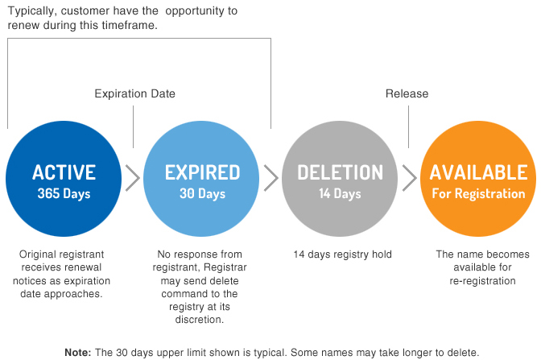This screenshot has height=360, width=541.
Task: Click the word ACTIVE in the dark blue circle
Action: pos(64,172)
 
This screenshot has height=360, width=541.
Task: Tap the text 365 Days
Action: pos(64,193)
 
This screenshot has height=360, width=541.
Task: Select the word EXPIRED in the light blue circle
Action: pos(202,172)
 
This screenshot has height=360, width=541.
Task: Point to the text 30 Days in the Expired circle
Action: pos(202,193)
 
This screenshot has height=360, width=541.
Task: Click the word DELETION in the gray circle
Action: pos(341,172)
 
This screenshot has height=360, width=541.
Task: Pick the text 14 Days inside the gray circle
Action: pos(340,193)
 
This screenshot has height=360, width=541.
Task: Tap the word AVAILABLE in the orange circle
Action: pos(478,172)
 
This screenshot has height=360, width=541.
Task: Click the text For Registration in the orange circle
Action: pos(478,193)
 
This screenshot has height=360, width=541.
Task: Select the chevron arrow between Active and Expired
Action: pos(133,178)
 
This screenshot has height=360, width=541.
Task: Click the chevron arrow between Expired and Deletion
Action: pos(271,178)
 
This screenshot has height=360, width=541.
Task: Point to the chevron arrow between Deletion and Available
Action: pos(410,178)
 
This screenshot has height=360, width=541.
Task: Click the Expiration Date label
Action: pos(135,93)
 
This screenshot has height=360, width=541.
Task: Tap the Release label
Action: pos(407,93)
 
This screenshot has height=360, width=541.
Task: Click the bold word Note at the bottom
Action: pos(78,353)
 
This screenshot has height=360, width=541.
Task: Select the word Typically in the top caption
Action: pos(31,11)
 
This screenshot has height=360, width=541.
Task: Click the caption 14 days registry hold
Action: pos(343,254)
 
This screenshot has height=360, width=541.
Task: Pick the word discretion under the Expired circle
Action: pos(200,320)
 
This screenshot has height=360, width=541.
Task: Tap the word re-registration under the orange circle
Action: pos(482,281)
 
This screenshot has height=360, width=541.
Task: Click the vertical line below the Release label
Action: pos(408,127)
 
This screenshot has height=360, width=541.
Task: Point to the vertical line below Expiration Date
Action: pos(133,127)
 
